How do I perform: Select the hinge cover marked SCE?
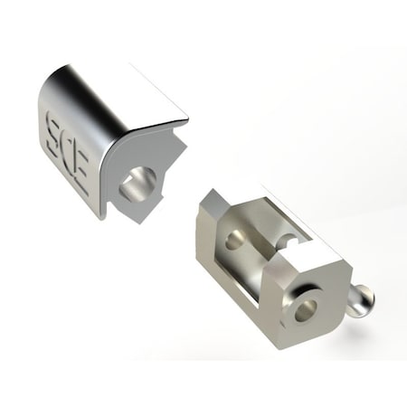point(113,145)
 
